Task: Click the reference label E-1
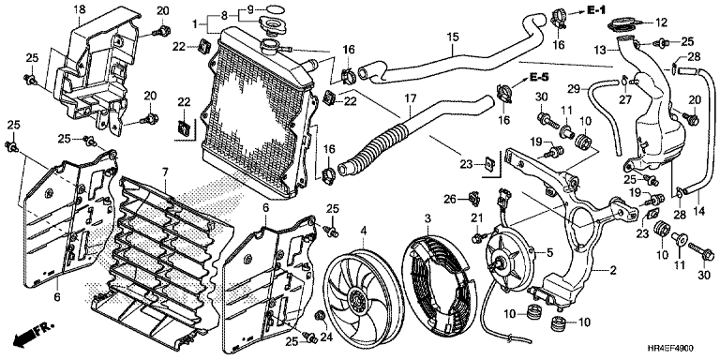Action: (596, 11)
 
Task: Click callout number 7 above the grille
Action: (165, 172)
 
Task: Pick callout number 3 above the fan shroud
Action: (427, 218)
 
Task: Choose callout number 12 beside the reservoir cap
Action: (661, 22)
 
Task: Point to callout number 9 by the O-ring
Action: (250, 9)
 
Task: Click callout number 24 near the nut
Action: (326, 337)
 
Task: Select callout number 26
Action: (450, 199)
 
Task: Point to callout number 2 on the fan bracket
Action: (613, 271)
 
